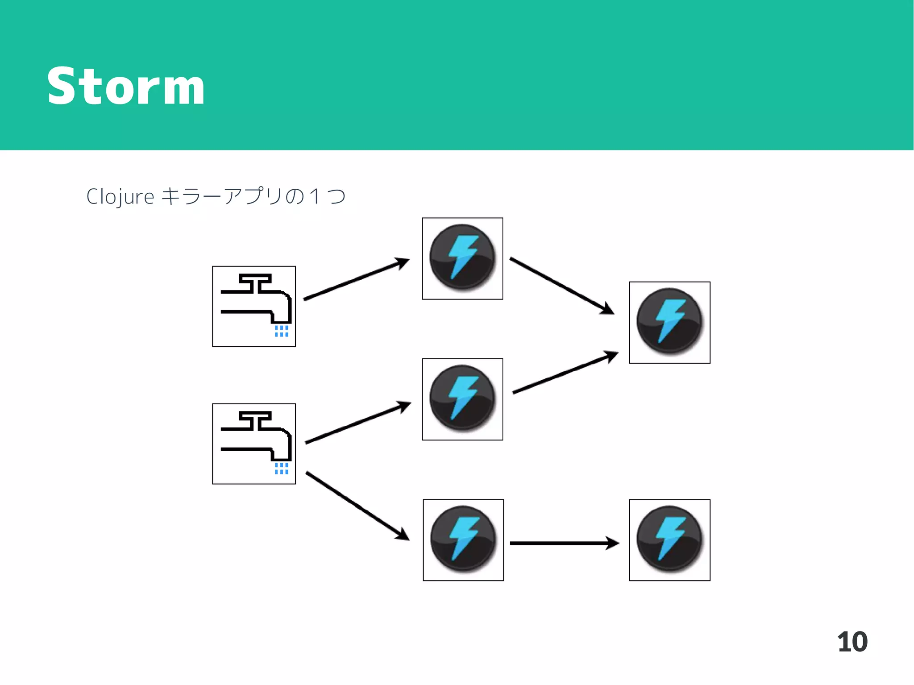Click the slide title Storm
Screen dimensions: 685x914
pyautogui.click(x=126, y=86)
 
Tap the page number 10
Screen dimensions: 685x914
pyautogui.click(x=852, y=642)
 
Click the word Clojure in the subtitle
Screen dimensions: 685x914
pyautogui.click(x=120, y=197)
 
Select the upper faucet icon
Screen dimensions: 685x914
pyautogui.click(x=254, y=306)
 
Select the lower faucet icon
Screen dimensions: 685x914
pyautogui.click(x=254, y=444)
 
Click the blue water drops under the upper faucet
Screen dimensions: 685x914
pyautogui.click(x=281, y=331)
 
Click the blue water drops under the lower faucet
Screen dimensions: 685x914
pyautogui.click(x=281, y=468)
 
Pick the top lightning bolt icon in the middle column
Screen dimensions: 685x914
pyautogui.click(x=462, y=258)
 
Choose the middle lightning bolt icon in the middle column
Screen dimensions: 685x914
pyautogui.click(x=462, y=399)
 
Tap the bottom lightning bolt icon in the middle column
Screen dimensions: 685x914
pyautogui.click(x=463, y=540)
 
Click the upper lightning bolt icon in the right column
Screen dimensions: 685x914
pyautogui.click(x=669, y=322)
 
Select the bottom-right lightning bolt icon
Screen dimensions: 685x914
pyautogui.click(x=669, y=540)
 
